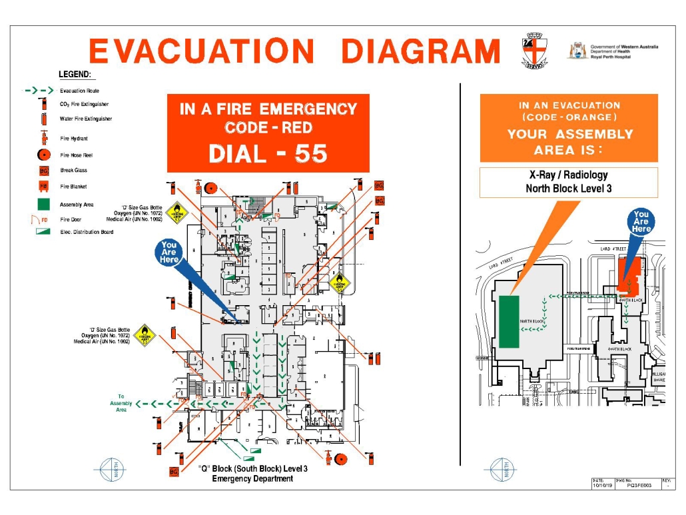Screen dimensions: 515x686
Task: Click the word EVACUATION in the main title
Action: pyautogui.click(x=201, y=52)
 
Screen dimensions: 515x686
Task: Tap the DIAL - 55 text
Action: pyautogui.click(x=268, y=154)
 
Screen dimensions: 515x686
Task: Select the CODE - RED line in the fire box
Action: pyautogui.click(x=268, y=127)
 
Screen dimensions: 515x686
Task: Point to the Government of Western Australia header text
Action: pyautogui.click(x=624, y=47)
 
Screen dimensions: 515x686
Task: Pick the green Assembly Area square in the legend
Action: pyautogui.click(x=43, y=205)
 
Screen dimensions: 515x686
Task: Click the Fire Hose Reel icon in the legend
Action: pyautogui.click(x=43, y=155)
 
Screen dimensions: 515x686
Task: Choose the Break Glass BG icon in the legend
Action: pyautogui.click(x=43, y=171)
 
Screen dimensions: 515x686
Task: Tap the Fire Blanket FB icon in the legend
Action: pyautogui.click(x=43, y=187)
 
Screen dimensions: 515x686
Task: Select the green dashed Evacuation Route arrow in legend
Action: pyautogui.click(x=39, y=91)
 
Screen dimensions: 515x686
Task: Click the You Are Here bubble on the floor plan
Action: pyautogui.click(x=169, y=253)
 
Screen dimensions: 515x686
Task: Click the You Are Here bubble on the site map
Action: pyautogui.click(x=641, y=222)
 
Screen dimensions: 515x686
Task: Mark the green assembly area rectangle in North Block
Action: pyautogui.click(x=510, y=321)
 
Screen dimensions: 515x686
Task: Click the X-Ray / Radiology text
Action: pyautogui.click(x=568, y=175)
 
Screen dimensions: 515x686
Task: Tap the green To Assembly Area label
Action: pyautogui.click(x=121, y=403)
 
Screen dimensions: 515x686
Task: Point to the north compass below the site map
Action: pyautogui.click(x=504, y=469)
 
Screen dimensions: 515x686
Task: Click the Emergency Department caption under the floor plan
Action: pyautogui.click(x=252, y=478)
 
